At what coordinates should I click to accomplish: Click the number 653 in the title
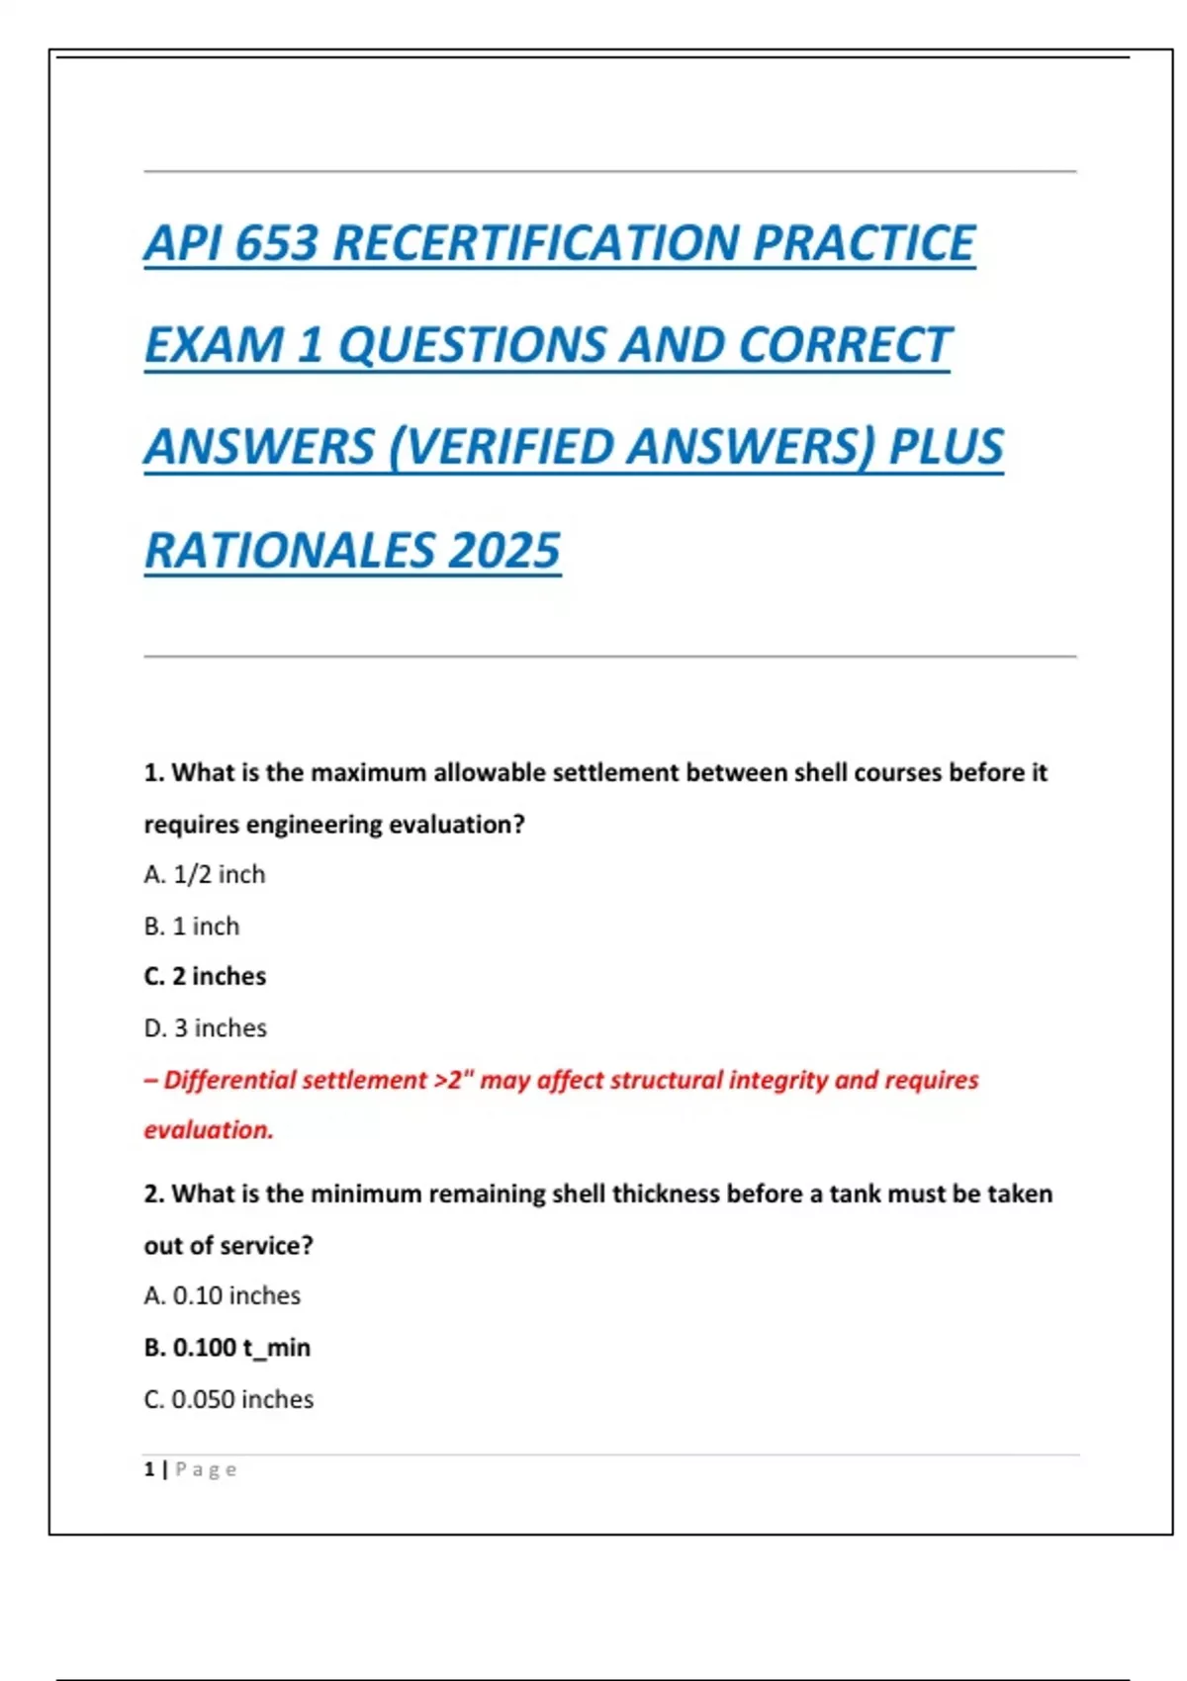coord(276,243)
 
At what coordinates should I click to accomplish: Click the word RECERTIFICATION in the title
coord(535,243)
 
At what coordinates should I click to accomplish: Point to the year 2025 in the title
coord(503,551)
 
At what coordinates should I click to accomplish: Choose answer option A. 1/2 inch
coord(205,874)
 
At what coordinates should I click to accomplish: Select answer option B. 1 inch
coord(192,927)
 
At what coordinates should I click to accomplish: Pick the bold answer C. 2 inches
coord(205,977)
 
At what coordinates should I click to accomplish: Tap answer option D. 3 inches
coord(206,1028)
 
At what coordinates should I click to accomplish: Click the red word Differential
coord(229,1080)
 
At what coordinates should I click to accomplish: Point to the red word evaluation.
coord(209,1130)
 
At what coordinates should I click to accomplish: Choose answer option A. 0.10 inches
coord(223,1295)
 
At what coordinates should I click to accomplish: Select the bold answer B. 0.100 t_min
coord(228,1348)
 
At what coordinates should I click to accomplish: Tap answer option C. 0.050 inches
coord(228,1399)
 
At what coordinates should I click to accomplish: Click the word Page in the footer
coord(206,1469)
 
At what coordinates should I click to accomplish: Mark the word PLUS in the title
coord(946,447)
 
